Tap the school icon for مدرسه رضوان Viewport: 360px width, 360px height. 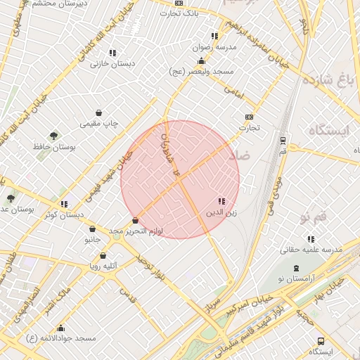point(214,36)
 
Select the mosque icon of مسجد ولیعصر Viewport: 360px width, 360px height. point(202,61)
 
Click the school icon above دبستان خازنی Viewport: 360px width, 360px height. point(112,53)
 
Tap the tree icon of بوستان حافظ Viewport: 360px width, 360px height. point(53,135)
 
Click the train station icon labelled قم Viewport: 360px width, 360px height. point(283,140)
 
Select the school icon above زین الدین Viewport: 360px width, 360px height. point(221,201)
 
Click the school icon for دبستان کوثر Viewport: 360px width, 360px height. point(64,204)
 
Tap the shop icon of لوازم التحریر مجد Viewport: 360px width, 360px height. point(135,221)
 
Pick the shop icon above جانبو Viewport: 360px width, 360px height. point(92,229)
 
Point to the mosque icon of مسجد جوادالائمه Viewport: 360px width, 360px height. point(60,328)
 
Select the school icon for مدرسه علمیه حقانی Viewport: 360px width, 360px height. point(311,239)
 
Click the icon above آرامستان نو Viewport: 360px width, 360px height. point(296,269)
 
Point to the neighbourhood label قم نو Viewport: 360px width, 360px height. point(314,214)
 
